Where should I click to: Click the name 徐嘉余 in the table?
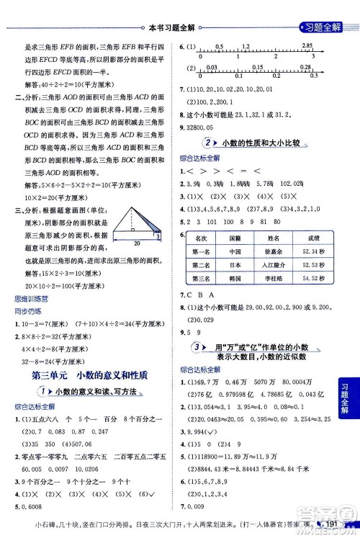pos(269,251)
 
